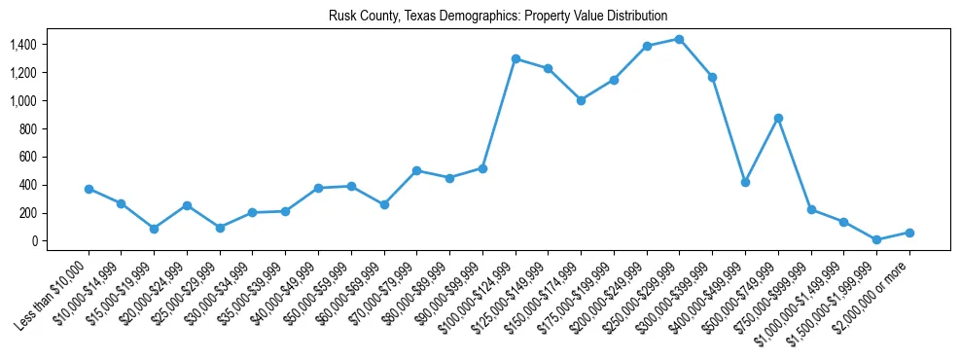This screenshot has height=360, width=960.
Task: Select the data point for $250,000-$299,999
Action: (x=679, y=39)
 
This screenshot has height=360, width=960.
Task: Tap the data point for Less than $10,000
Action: (x=89, y=189)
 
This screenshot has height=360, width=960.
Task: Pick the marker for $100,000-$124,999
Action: (x=516, y=58)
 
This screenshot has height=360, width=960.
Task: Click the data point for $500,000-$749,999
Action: (x=778, y=118)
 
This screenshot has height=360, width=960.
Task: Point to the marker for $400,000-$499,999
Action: (x=745, y=182)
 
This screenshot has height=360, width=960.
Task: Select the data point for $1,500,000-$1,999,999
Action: (x=876, y=239)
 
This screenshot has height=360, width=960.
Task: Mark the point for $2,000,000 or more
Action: (x=909, y=233)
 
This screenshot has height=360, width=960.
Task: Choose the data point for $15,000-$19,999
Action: (x=154, y=229)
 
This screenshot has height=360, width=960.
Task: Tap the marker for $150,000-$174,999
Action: (x=581, y=100)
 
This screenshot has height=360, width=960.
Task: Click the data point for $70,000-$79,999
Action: (x=416, y=170)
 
